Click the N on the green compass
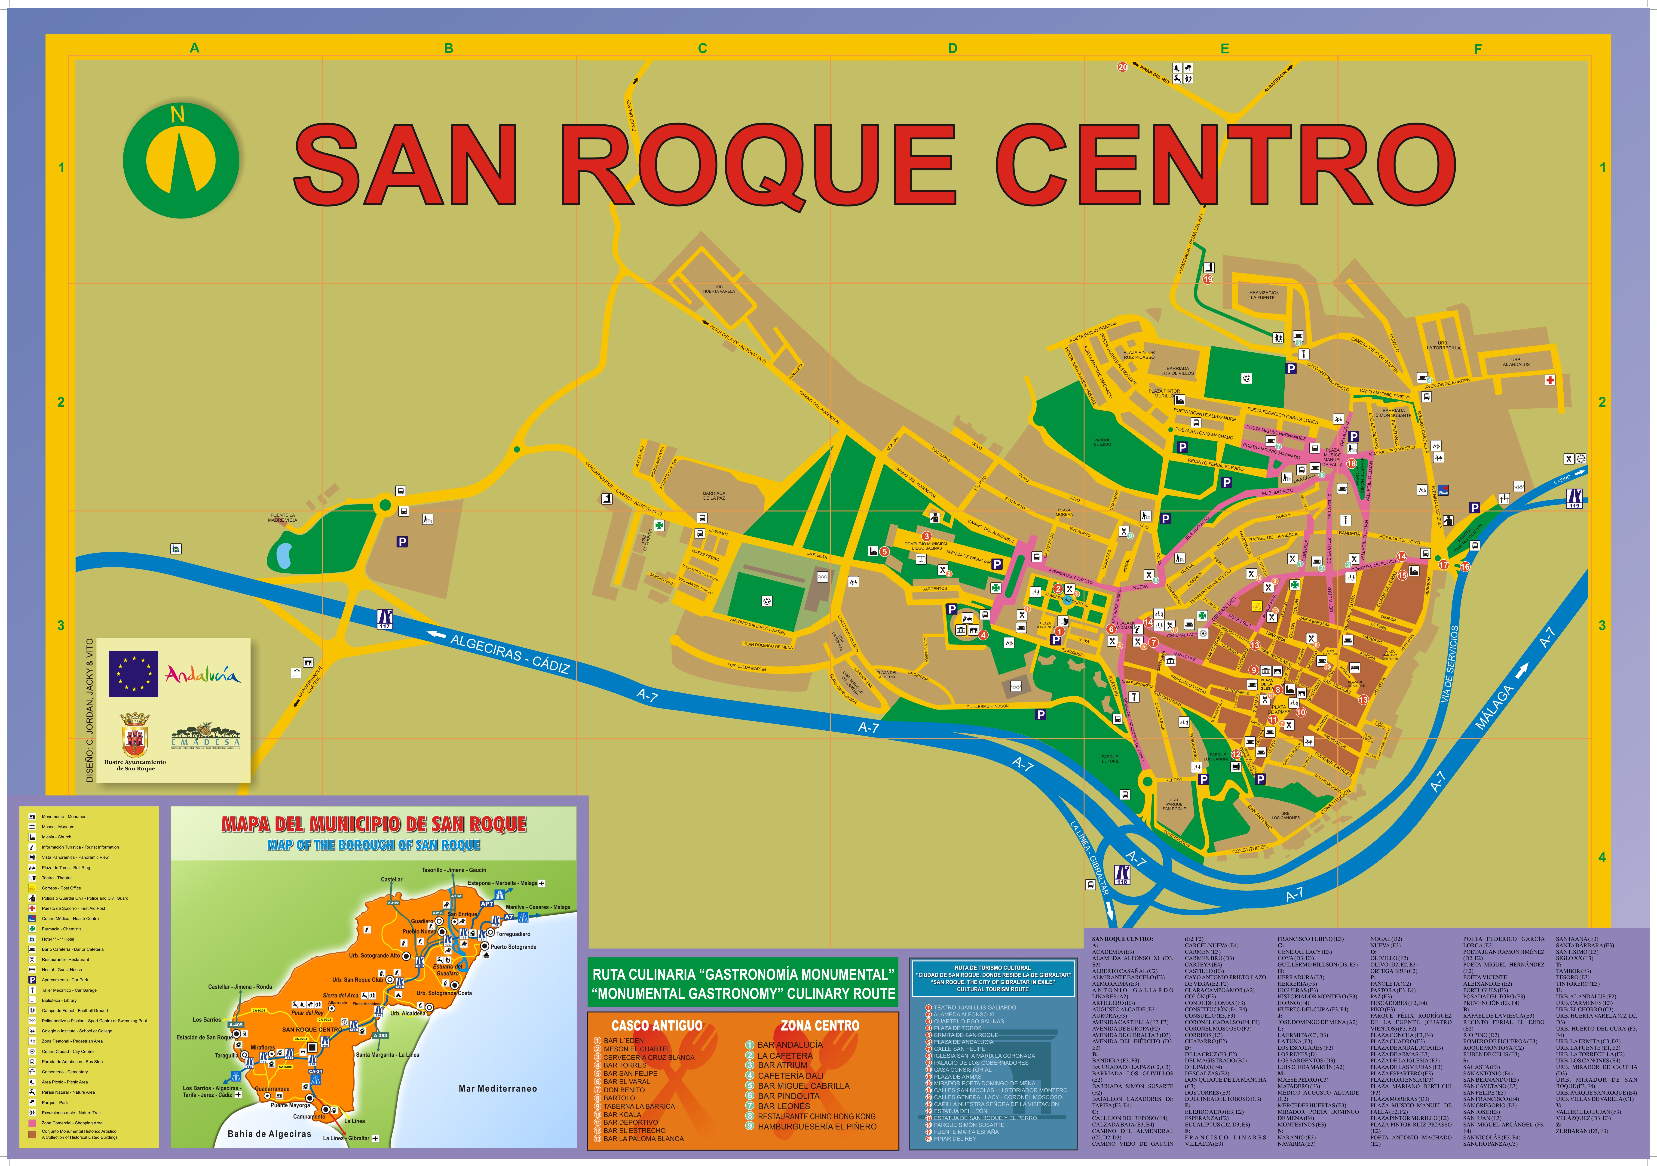click(x=178, y=114)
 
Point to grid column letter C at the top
click(x=702, y=48)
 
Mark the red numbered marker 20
click(x=1122, y=67)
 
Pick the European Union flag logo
click(x=134, y=674)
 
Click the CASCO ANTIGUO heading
click(x=656, y=1025)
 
